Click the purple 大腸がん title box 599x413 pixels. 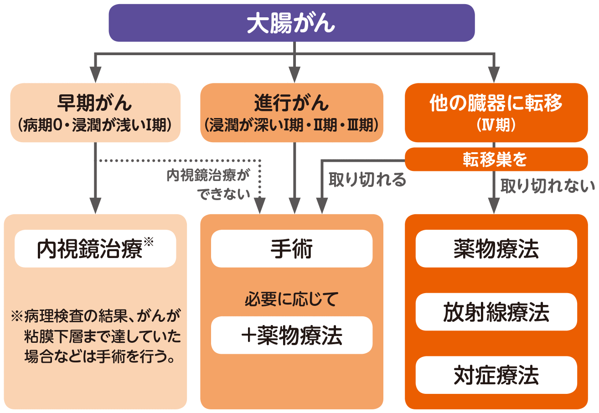point(292,23)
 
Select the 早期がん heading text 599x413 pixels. point(95,103)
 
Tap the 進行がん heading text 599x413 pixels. point(292,103)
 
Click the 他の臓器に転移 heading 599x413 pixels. point(496,103)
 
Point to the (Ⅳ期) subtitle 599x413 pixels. point(496,125)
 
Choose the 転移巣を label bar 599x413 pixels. point(496,159)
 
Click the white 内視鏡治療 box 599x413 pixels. point(95,248)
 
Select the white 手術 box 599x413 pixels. point(292,248)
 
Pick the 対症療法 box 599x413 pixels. point(496,375)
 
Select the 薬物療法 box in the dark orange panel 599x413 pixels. point(496,248)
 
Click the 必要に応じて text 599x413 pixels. point(292,299)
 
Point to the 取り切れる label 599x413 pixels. point(367,180)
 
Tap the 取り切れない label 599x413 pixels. point(547,186)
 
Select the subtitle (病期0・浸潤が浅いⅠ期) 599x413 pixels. point(95,125)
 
